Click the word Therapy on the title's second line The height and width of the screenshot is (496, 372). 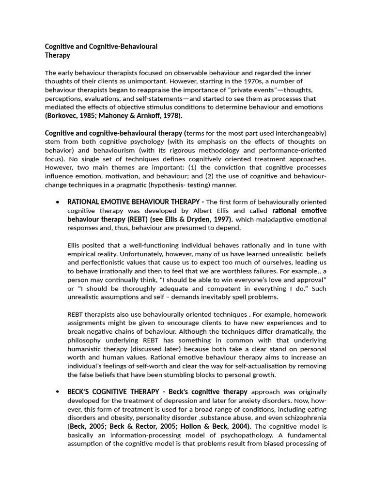click(x=58, y=55)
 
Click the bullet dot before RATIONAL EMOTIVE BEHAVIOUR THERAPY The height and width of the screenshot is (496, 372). click(x=58, y=202)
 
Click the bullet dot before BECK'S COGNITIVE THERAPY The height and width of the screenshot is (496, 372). click(x=58, y=391)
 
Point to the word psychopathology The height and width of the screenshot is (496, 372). click(x=205, y=435)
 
